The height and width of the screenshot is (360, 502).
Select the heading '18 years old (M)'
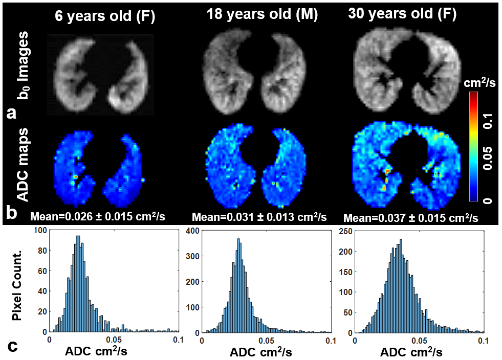tap(262, 15)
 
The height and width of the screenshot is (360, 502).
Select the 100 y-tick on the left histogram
tap(39, 232)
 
